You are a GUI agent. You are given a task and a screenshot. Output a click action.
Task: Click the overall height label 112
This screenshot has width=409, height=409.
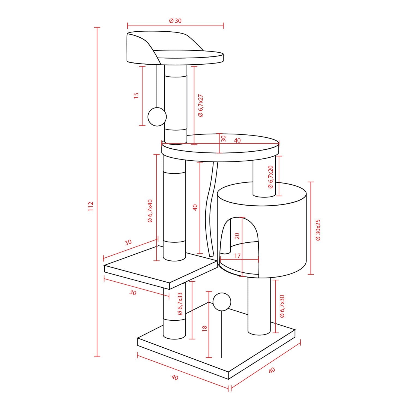91,206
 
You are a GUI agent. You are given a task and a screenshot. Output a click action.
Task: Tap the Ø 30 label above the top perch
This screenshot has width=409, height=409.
175,21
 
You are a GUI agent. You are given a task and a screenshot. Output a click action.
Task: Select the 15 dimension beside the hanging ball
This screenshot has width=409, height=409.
136,95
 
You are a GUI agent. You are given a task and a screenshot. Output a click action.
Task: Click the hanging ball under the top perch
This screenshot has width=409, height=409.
157,117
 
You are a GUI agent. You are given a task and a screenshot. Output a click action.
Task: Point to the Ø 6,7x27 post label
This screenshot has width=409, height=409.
201,106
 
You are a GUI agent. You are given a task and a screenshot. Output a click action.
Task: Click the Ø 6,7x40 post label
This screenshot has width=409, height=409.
150,211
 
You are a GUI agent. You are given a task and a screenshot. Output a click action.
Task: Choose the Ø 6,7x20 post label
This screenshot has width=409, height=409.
270,177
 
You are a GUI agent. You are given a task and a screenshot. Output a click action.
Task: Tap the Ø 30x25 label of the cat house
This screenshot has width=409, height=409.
318,230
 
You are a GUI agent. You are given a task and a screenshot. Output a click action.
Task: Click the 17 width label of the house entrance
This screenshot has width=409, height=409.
237,256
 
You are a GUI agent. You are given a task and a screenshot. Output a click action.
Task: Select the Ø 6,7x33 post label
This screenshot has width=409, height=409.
180,304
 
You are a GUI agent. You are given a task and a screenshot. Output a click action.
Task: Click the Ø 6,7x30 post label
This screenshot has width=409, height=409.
282,306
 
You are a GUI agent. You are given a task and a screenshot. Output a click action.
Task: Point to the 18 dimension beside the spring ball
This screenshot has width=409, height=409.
205,328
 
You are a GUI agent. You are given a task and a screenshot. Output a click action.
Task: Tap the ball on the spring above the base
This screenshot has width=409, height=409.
222,302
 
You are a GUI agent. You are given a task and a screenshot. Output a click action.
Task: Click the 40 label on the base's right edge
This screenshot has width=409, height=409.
272,370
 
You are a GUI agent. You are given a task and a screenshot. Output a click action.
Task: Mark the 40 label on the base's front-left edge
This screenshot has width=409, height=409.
175,377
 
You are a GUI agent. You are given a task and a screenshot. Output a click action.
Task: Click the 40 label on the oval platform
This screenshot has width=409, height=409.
237,140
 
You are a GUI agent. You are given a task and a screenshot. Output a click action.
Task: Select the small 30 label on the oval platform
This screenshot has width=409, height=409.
224,139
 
